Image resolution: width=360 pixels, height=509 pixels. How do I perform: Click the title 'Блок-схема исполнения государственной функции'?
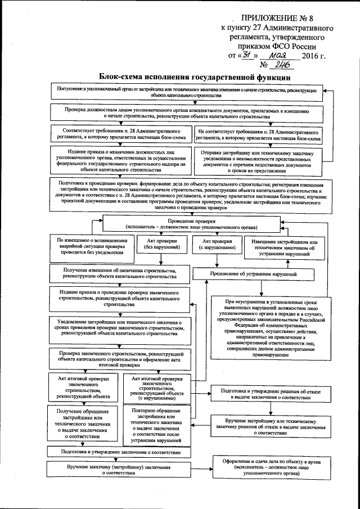coord(194,77)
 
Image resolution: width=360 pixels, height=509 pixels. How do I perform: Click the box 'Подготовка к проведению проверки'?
coord(191,196)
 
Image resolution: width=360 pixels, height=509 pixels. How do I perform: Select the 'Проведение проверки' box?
coord(192,223)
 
